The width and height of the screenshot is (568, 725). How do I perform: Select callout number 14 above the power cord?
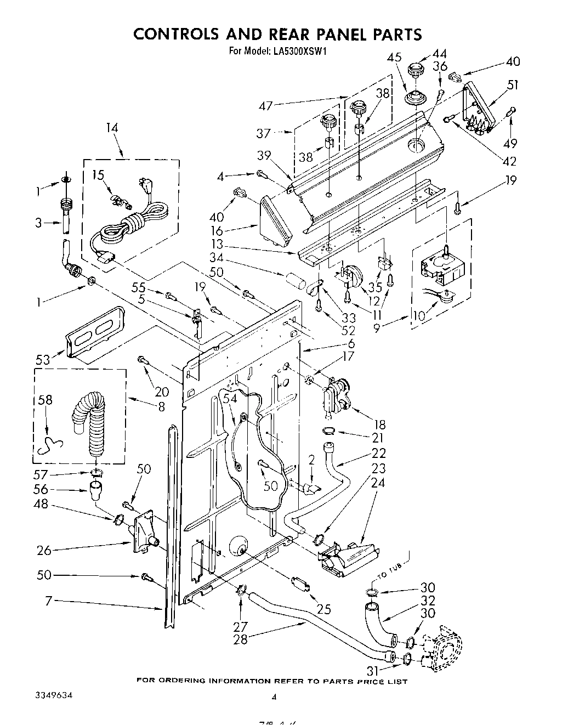[112, 128]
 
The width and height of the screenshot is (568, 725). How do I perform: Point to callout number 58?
[45, 400]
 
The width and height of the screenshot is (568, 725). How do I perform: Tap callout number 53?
[43, 360]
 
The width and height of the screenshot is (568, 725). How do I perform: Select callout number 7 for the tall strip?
[48, 602]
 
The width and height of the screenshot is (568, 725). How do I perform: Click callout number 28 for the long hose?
[240, 639]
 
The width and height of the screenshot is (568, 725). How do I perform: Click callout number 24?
[378, 483]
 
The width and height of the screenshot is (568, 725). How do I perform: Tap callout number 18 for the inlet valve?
[378, 424]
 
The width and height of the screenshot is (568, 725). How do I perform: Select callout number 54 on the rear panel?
[230, 399]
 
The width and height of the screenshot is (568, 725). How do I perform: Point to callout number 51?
[513, 84]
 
